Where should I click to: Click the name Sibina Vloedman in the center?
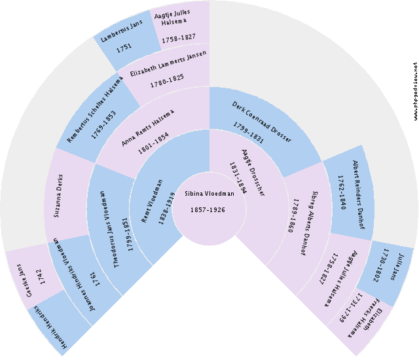pos(209,194)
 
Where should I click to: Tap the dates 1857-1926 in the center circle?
pos(209,209)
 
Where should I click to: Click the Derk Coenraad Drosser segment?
pos(262,121)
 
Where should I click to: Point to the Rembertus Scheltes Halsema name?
pos(95,105)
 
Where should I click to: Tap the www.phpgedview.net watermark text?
pos(414,92)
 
